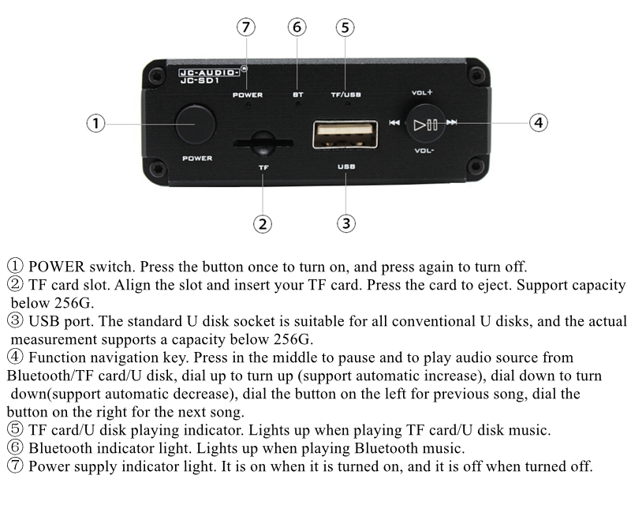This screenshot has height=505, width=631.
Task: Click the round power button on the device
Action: (x=196, y=125)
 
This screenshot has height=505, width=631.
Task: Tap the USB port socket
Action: (x=345, y=134)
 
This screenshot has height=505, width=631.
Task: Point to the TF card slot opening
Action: (x=263, y=143)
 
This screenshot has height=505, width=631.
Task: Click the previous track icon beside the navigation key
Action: (x=394, y=122)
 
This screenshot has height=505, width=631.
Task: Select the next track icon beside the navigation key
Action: (x=452, y=122)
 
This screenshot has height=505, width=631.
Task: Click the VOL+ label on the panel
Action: (x=422, y=92)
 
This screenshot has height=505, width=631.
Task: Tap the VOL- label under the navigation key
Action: (x=424, y=151)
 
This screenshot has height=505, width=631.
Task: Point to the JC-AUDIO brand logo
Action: (x=209, y=73)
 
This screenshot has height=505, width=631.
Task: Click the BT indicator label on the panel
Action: (x=298, y=95)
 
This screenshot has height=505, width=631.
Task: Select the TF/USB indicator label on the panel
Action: (x=346, y=95)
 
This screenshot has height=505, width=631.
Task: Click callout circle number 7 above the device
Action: (x=246, y=28)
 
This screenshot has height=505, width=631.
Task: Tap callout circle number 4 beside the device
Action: (x=539, y=122)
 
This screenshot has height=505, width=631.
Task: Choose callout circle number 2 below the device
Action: (x=263, y=224)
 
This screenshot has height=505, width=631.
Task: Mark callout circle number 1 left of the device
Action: (x=95, y=123)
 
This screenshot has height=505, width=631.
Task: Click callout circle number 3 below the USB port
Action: (x=346, y=223)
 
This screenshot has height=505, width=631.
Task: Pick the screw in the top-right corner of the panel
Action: (x=477, y=75)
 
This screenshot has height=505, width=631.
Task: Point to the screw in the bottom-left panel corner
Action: (x=157, y=168)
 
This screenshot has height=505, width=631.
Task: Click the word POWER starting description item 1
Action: (x=56, y=267)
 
